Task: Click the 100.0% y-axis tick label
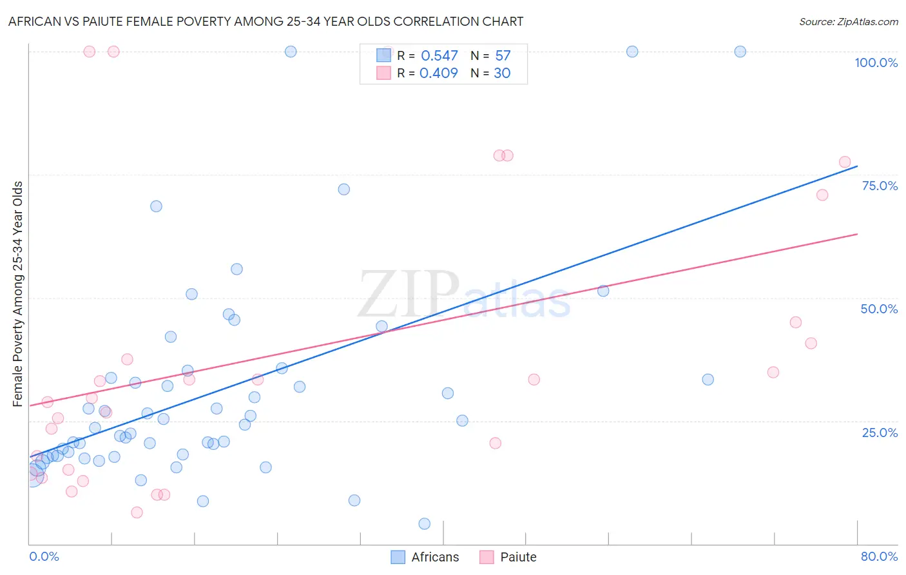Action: (x=876, y=63)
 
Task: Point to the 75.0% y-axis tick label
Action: (x=879, y=186)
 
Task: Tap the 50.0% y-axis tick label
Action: (x=879, y=309)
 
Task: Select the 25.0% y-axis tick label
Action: (x=879, y=433)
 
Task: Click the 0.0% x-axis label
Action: (x=44, y=556)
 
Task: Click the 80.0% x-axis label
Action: (x=879, y=556)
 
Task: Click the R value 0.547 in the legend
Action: (x=439, y=56)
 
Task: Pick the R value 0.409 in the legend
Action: (x=438, y=73)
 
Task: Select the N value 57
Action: (x=503, y=56)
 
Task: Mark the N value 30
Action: (x=502, y=73)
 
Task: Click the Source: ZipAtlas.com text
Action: (x=848, y=22)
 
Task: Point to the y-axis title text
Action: (x=18, y=294)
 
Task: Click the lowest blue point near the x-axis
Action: (x=424, y=523)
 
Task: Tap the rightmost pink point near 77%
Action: (x=845, y=162)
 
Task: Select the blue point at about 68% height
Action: (x=156, y=206)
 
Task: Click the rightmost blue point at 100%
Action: (x=740, y=52)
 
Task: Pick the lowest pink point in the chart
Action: (x=137, y=512)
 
